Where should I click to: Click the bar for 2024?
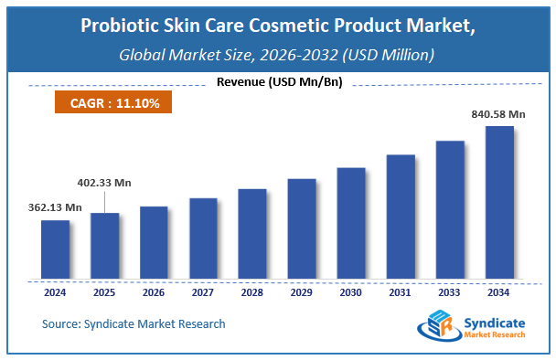(x=55, y=249)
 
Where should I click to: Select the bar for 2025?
(x=104, y=245)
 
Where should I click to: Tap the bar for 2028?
(x=252, y=233)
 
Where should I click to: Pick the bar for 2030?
(x=351, y=222)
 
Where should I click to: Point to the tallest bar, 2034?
(x=499, y=202)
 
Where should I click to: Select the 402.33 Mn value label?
(x=103, y=183)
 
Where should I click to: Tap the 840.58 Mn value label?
(x=499, y=113)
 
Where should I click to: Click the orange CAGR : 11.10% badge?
(x=115, y=103)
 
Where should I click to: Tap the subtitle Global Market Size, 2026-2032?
(x=278, y=54)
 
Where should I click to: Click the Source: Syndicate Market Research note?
(x=134, y=323)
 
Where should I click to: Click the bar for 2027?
(x=203, y=238)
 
